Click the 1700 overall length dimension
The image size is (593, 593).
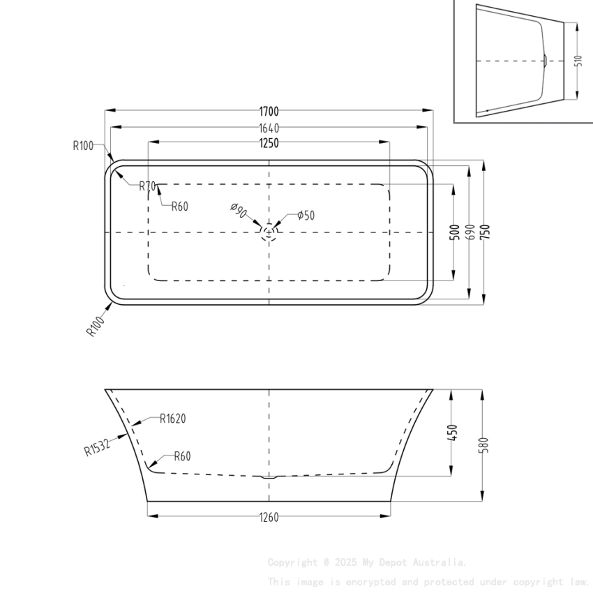pyautogui.click(x=269, y=111)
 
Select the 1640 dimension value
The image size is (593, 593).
pyautogui.click(x=269, y=128)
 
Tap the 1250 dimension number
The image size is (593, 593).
pyautogui.click(x=269, y=143)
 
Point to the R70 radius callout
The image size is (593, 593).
pyautogui.click(x=147, y=186)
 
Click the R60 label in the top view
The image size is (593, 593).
pyautogui.click(x=180, y=207)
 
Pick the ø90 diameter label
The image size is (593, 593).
pyautogui.click(x=238, y=211)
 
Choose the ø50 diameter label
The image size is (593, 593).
pyautogui.click(x=306, y=216)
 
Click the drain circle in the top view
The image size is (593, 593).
pyautogui.click(x=269, y=232)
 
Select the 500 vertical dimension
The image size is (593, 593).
pyautogui.click(x=454, y=232)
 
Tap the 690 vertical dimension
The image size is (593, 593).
pyautogui.click(x=470, y=232)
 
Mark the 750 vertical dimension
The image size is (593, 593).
pyautogui.click(x=485, y=231)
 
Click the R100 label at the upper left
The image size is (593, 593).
pyautogui.click(x=82, y=146)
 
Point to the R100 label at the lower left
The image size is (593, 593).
pyautogui.click(x=95, y=326)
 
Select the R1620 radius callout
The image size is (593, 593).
pyautogui.click(x=172, y=419)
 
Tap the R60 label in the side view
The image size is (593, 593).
pyautogui.click(x=181, y=457)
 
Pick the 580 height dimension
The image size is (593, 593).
pyautogui.click(x=484, y=445)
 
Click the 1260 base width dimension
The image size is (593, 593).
pyautogui.click(x=269, y=517)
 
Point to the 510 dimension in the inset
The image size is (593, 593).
pyautogui.click(x=578, y=61)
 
